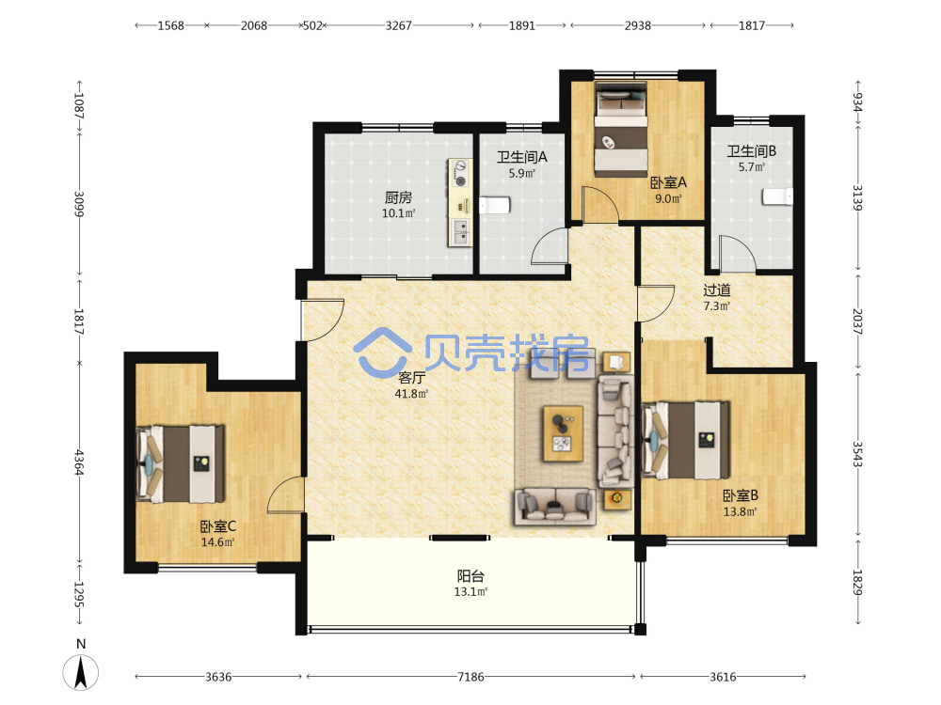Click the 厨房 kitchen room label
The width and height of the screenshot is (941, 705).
(x=398, y=197)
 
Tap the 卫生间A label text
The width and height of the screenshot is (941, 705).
(x=521, y=157)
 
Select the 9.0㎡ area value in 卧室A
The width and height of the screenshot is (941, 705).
(x=668, y=198)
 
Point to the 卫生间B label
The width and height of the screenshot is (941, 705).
(x=751, y=151)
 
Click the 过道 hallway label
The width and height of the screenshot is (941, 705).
(x=716, y=290)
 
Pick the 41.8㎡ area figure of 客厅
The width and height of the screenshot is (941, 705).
(x=411, y=394)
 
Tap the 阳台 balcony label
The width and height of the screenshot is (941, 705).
(x=470, y=576)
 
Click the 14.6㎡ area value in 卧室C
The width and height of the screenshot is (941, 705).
(x=217, y=542)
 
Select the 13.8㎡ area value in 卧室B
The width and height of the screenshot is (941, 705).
(x=740, y=512)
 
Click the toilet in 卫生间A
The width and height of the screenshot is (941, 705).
(x=495, y=206)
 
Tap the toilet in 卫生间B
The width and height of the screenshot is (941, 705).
(x=777, y=196)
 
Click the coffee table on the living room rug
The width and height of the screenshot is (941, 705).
(x=563, y=433)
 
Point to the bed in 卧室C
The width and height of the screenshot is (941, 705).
(x=181, y=463)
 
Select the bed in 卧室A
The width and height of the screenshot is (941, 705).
(x=621, y=130)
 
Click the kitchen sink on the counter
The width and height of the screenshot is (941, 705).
(x=460, y=232)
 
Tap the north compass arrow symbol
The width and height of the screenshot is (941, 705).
(x=81, y=672)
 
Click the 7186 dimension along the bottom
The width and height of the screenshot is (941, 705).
(x=470, y=677)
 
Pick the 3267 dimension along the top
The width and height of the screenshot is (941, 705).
(x=398, y=25)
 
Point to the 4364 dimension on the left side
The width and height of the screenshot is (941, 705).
(x=79, y=462)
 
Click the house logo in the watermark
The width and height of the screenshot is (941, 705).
(x=382, y=352)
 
